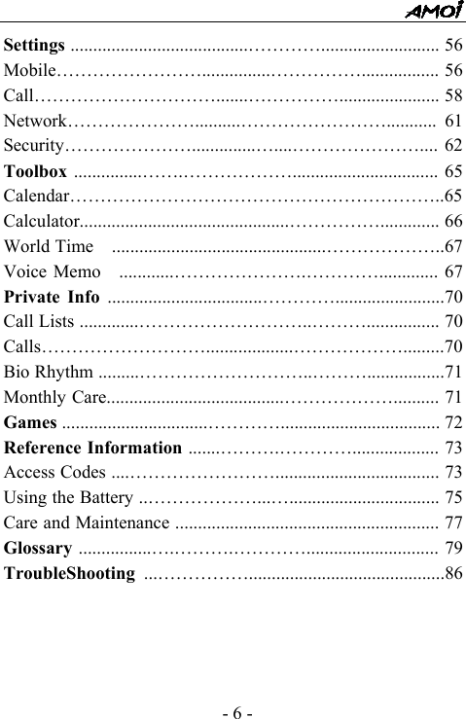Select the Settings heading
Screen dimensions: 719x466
click(x=35, y=45)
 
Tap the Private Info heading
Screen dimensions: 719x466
click(x=53, y=297)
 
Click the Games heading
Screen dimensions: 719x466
click(x=30, y=422)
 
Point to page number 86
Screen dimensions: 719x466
click(x=453, y=573)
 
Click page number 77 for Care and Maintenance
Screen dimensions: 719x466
click(x=453, y=523)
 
